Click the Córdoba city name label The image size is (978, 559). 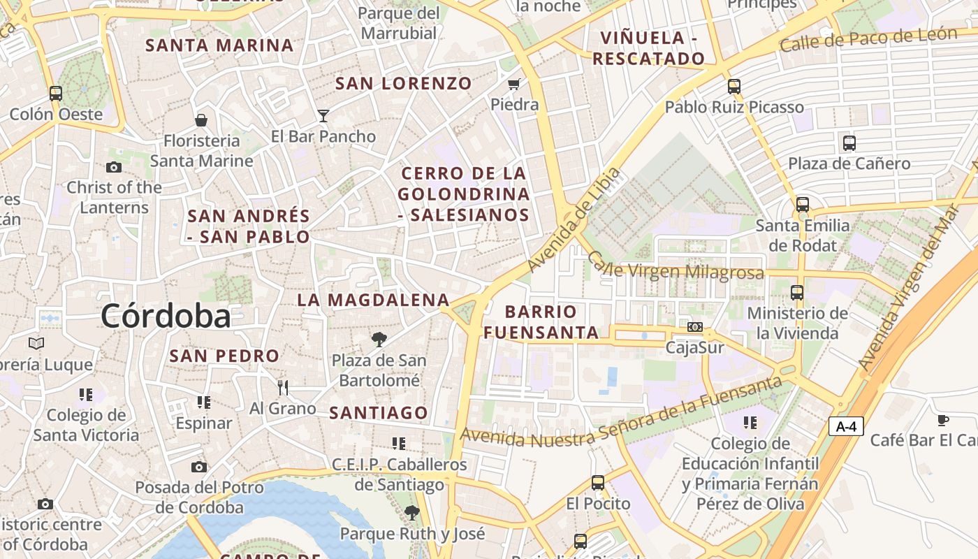(166, 316)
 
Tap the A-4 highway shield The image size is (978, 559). (846, 426)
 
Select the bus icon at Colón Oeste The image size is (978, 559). (56, 93)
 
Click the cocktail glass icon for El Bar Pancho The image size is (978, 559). (323, 115)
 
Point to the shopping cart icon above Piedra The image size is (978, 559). (514, 84)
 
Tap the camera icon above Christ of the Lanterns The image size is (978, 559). (114, 167)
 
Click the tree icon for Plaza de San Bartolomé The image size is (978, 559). (379, 340)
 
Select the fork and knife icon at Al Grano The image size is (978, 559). (283, 387)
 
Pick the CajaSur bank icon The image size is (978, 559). (694, 327)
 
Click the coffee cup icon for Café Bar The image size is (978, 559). (942, 420)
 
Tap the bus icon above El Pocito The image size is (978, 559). (597, 482)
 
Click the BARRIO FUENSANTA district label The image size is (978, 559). (541, 321)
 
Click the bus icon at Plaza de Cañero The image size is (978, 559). (849, 143)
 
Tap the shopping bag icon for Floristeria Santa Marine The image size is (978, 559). (201, 120)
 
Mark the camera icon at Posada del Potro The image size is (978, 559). (199, 467)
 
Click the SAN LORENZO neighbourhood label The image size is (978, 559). (404, 84)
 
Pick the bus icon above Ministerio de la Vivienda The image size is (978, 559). (797, 293)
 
